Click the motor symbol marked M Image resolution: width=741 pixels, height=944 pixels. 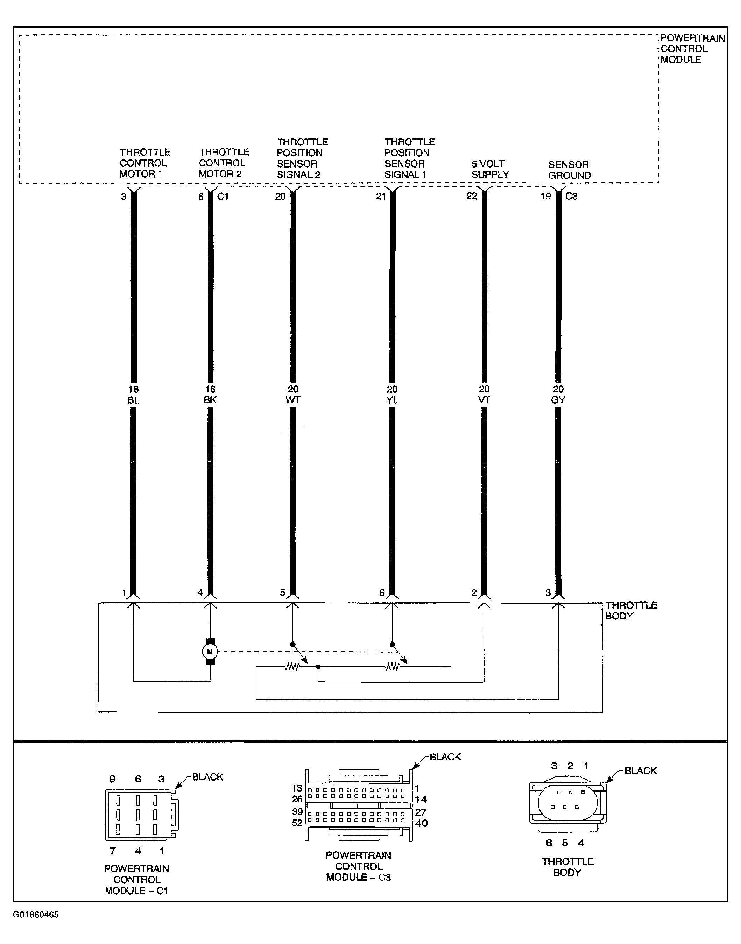point(210,651)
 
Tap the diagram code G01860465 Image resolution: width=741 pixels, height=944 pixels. point(36,915)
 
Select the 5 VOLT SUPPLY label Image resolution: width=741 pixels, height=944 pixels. point(490,169)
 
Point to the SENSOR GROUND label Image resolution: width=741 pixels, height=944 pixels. point(569,170)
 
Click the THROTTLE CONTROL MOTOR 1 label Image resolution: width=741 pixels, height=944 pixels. point(145,163)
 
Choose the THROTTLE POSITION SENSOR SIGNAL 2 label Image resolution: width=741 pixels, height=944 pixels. point(302,158)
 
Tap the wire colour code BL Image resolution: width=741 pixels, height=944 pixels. point(133,400)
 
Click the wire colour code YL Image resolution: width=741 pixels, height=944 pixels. point(392,400)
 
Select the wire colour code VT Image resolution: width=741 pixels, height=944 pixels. point(484,400)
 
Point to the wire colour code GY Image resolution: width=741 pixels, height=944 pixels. point(558,400)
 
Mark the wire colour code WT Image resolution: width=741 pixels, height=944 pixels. point(293,400)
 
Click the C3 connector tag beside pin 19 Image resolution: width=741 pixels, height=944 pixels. point(571,197)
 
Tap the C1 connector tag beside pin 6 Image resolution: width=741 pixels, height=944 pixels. point(223,197)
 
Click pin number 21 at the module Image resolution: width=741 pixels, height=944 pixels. point(381,197)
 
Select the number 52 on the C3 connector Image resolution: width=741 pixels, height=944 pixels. point(297,823)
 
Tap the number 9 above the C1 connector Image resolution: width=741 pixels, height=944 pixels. point(112,779)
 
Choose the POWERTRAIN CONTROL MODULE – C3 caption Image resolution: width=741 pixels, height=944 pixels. point(358,866)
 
